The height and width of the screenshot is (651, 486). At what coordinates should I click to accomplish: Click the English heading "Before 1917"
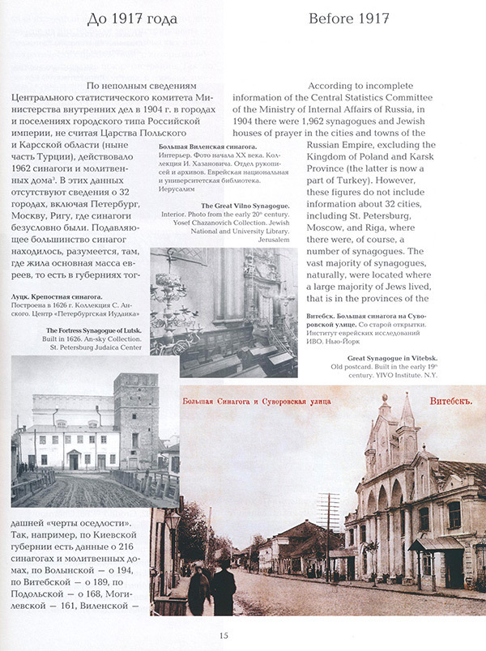click(x=349, y=18)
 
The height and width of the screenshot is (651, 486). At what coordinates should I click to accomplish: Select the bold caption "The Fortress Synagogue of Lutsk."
click(x=78, y=330)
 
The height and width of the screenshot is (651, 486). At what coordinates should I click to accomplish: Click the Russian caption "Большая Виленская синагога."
click(x=202, y=145)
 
